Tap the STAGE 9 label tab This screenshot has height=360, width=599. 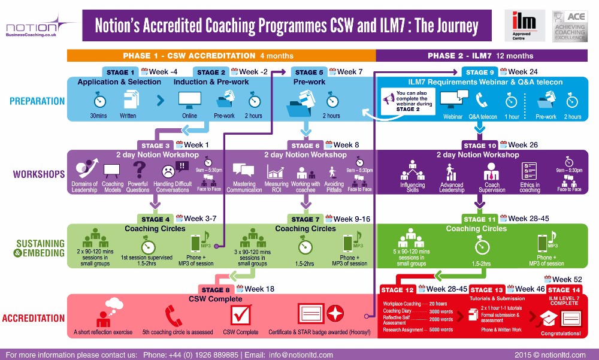[x=477, y=72]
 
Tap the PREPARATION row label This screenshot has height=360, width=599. [x=37, y=101]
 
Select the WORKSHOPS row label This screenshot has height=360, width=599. [x=39, y=175]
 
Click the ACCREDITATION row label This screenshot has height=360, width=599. [x=34, y=318]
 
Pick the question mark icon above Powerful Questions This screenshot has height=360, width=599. [x=139, y=170]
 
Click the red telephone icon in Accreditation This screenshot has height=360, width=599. [x=174, y=316]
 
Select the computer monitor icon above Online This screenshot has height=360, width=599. [x=190, y=99]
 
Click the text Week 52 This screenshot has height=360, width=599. [x=566, y=280]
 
